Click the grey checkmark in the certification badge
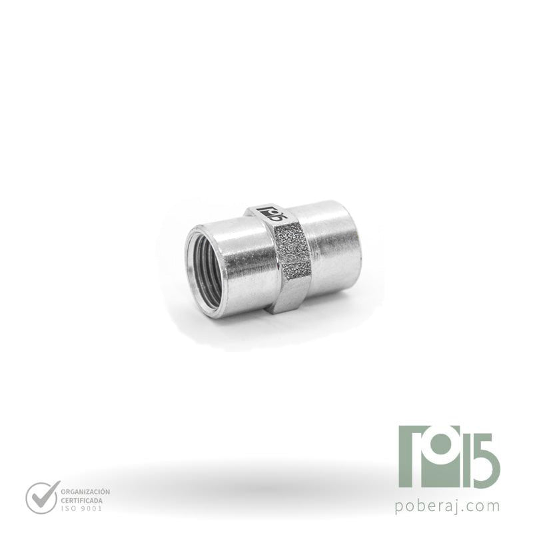click(42, 496)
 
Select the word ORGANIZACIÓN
click(85, 492)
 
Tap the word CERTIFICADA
click(81, 501)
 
